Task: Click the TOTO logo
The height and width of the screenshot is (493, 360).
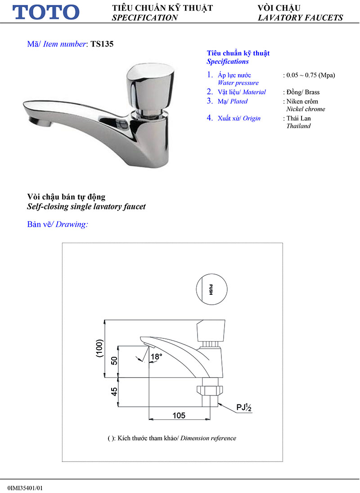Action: pos(46,12)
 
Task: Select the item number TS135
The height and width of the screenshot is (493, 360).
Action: pos(102,44)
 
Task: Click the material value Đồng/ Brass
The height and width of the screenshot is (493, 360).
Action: pos(303,92)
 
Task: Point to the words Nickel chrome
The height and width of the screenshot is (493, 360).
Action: pos(306,109)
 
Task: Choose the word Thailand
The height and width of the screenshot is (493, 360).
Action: pos(298,126)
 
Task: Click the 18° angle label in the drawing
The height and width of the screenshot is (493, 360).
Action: pos(156,357)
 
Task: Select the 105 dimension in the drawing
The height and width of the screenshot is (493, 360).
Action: pos(179,416)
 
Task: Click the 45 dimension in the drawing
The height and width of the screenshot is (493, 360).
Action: pos(114,392)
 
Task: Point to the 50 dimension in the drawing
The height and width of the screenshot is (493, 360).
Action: pos(114,361)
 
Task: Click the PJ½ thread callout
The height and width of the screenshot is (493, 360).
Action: pos(244,408)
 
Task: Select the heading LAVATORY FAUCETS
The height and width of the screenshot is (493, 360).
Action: pos(300,18)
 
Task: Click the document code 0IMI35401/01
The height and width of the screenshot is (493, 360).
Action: pos(27,487)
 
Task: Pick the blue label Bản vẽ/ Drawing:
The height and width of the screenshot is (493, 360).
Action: pos(57,224)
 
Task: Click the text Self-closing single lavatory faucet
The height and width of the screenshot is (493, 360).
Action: pos(86,207)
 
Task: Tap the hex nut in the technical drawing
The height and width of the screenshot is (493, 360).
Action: pos(210,389)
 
